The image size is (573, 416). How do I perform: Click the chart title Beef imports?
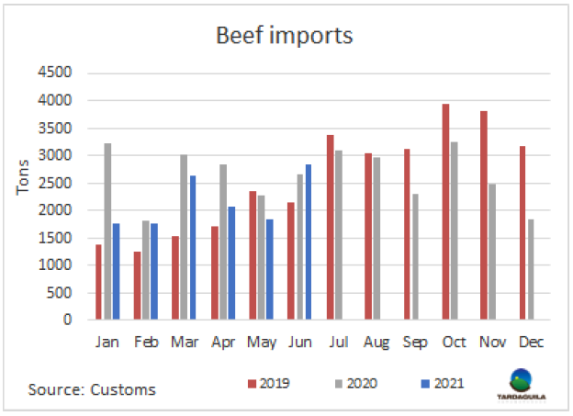(x=285, y=36)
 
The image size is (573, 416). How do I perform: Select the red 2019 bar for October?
(x=445, y=212)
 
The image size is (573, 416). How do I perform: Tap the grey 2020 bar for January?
(x=107, y=231)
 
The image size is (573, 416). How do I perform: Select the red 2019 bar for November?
(x=484, y=216)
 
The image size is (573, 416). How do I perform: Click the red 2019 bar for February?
(x=136, y=286)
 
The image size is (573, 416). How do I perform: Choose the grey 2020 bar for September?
(x=416, y=257)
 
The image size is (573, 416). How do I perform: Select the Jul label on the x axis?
(x=338, y=343)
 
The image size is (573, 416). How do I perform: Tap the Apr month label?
(x=222, y=343)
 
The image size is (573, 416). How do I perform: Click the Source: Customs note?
(x=92, y=389)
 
